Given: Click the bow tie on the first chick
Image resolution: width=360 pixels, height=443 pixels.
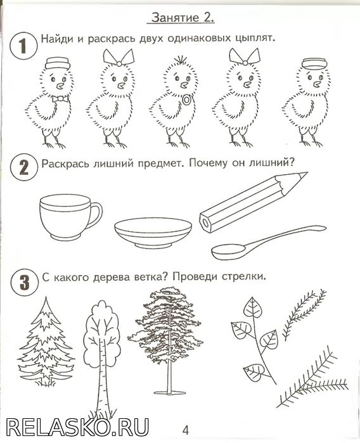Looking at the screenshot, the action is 60,99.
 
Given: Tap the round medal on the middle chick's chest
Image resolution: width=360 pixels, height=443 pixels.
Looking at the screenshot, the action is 186,100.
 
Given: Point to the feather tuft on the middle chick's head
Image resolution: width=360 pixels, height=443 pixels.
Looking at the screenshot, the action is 179,60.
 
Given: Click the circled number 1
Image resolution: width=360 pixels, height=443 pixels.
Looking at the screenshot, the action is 23,46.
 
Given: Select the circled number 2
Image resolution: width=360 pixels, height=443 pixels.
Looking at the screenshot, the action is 23,168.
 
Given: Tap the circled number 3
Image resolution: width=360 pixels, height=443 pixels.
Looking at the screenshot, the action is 24,282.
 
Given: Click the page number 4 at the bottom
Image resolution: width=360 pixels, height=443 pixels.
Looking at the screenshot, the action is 185,430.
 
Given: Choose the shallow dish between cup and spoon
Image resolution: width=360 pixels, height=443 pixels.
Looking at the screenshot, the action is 153,232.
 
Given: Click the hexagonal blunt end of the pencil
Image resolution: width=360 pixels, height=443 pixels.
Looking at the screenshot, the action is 205,223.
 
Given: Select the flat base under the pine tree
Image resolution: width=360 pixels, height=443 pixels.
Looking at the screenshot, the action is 169,392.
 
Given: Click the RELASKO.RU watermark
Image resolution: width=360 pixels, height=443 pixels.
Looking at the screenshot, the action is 78,427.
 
